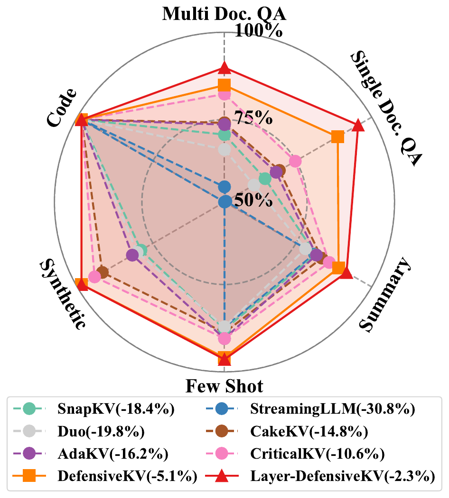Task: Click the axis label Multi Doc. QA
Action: pos(224,13)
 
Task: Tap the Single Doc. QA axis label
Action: pos(385,109)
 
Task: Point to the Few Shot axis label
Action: pos(224,386)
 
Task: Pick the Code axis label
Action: pos(62,108)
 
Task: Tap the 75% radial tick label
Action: pos(247,117)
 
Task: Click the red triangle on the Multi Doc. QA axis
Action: pos(224,69)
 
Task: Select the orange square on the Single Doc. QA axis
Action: pos(337,137)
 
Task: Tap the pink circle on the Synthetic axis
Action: pos(94,277)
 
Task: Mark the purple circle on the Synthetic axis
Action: pos(132,255)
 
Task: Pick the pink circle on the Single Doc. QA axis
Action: pos(295,162)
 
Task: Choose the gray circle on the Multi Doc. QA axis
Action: pos(224,150)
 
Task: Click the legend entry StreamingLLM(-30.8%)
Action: pos(333,408)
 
